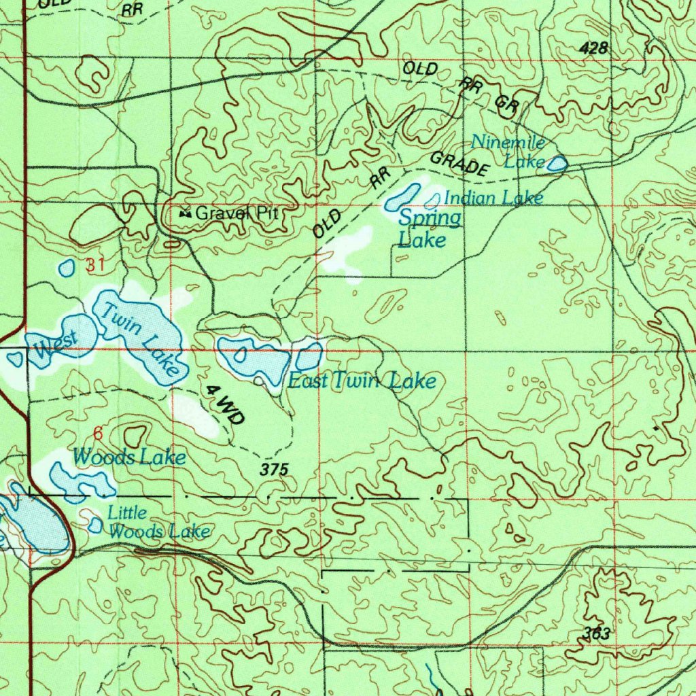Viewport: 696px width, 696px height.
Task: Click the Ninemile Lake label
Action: (508, 152)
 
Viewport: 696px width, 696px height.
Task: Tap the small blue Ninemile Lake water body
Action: (557, 163)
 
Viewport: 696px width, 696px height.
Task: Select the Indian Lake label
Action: (493, 198)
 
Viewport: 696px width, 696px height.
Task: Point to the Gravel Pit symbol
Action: (184, 213)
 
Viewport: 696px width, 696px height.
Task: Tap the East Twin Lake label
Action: (361, 381)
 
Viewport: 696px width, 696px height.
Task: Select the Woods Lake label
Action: (129, 457)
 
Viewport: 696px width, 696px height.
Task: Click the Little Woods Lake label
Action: (159, 523)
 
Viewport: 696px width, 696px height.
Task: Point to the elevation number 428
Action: (594, 48)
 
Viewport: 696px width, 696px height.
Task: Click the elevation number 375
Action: (275, 469)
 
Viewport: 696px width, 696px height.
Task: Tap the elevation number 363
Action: (596, 634)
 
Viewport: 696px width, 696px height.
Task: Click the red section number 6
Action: (97, 433)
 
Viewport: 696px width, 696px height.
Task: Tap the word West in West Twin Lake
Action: (56, 344)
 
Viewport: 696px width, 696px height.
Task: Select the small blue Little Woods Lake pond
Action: (96, 525)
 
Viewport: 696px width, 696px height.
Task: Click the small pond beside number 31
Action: (67, 268)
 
